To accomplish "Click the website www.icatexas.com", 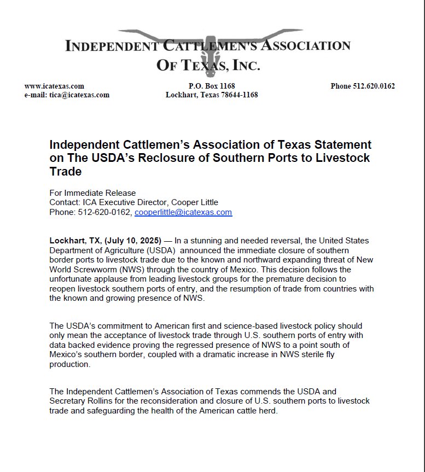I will [x=54, y=86].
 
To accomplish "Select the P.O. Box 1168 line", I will [x=211, y=86].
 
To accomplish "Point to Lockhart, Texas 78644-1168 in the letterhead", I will [x=211, y=95].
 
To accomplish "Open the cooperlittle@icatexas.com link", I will [x=183, y=212].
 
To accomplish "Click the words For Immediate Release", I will [x=92, y=193].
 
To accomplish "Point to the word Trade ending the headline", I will [x=65, y=172].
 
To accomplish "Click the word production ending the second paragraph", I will [x=70, y=365].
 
